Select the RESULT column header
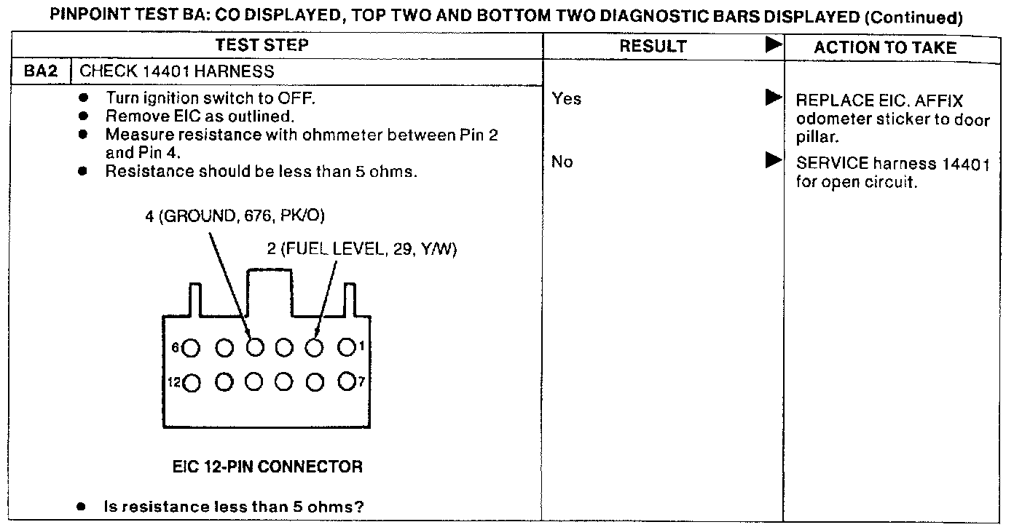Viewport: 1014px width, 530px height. point(653,47)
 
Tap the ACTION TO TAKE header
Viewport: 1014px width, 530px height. point(884,47)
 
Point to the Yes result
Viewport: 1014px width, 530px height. point(566,98)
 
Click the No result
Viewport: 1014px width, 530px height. point(562,162)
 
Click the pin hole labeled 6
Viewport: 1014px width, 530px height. point(192,348)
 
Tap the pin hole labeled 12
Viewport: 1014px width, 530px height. point(192,381)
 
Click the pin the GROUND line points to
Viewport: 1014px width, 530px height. point(253,348)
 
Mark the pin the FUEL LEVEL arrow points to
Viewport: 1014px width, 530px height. point(315,348)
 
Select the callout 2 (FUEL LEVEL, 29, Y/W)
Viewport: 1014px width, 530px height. point(361,249)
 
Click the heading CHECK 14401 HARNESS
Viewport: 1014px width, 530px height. point(176,71)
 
